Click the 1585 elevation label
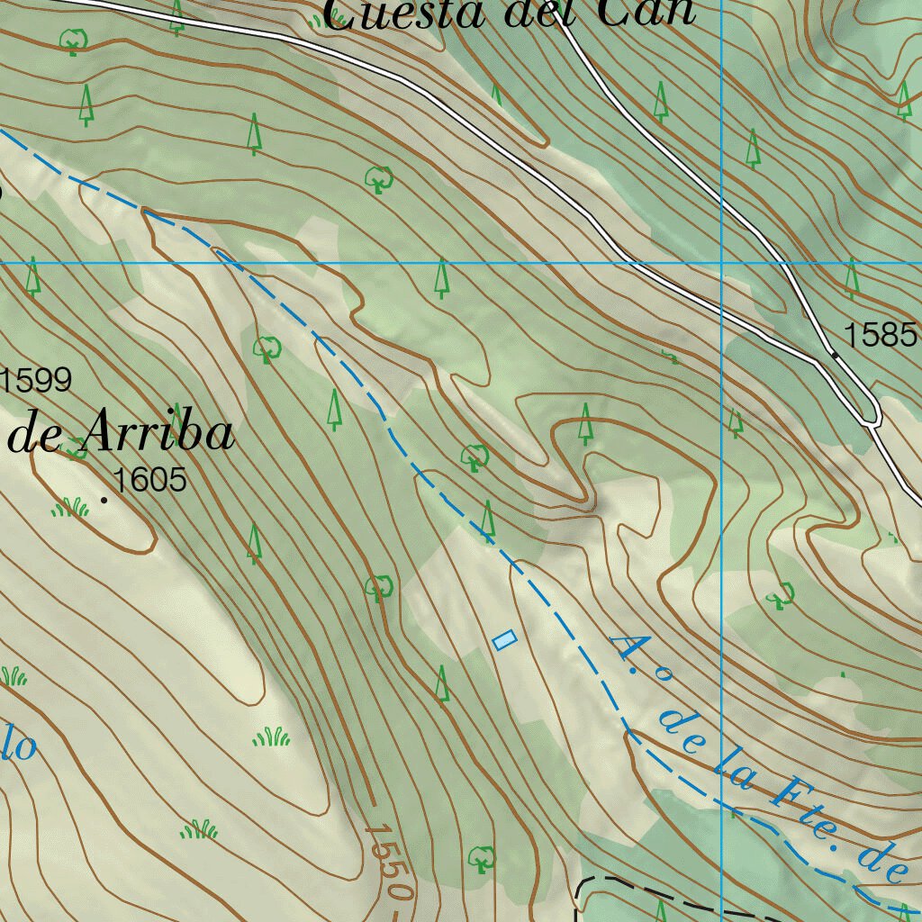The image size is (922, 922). point(880,335)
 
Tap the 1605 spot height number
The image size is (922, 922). point(150,480)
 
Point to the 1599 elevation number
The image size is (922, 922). point(36,381)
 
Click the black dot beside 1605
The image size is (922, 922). point(104,499)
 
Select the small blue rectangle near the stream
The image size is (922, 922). point(505,640)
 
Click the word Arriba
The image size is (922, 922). point(158,435)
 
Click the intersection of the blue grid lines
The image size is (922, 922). point(722,263)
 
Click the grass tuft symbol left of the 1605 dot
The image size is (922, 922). point(70,509)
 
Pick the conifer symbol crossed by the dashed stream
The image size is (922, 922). point(488,522)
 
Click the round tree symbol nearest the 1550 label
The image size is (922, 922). point(482,858)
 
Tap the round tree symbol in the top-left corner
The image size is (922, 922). point(72,41)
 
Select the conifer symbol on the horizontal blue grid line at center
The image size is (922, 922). point(441,277)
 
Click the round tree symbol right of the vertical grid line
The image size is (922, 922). point(780,594)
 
